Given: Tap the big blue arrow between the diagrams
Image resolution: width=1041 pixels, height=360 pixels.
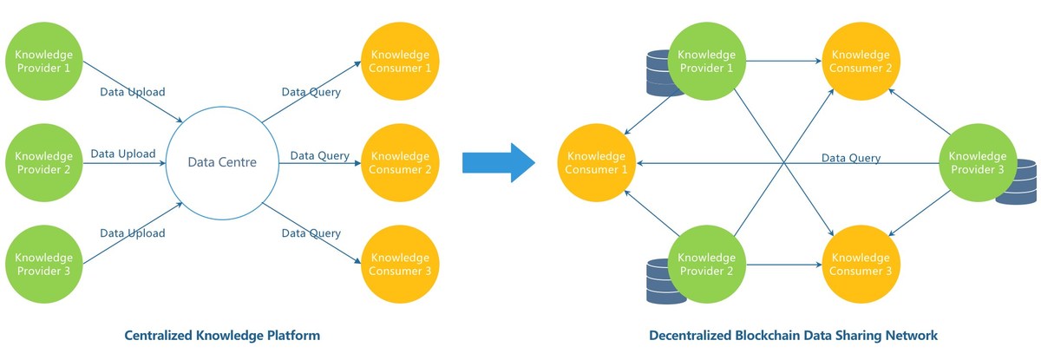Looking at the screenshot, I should coord(498,162).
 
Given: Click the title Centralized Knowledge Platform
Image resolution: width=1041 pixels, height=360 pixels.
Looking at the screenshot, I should coord(223,335).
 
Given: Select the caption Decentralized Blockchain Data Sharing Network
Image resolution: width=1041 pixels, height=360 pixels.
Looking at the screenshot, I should coord(793,335).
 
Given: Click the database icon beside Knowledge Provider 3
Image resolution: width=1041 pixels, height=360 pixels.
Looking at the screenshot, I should coord(1016,182).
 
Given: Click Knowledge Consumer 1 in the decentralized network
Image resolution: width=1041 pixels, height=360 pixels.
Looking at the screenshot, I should coord(596,162).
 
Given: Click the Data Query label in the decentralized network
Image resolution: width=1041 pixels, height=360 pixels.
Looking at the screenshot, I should coord(851,158).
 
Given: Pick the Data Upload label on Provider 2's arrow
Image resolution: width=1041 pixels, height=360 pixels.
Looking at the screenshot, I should coord(122,154).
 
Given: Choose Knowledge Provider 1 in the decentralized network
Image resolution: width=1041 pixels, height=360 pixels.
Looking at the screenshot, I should coord(705,59).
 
